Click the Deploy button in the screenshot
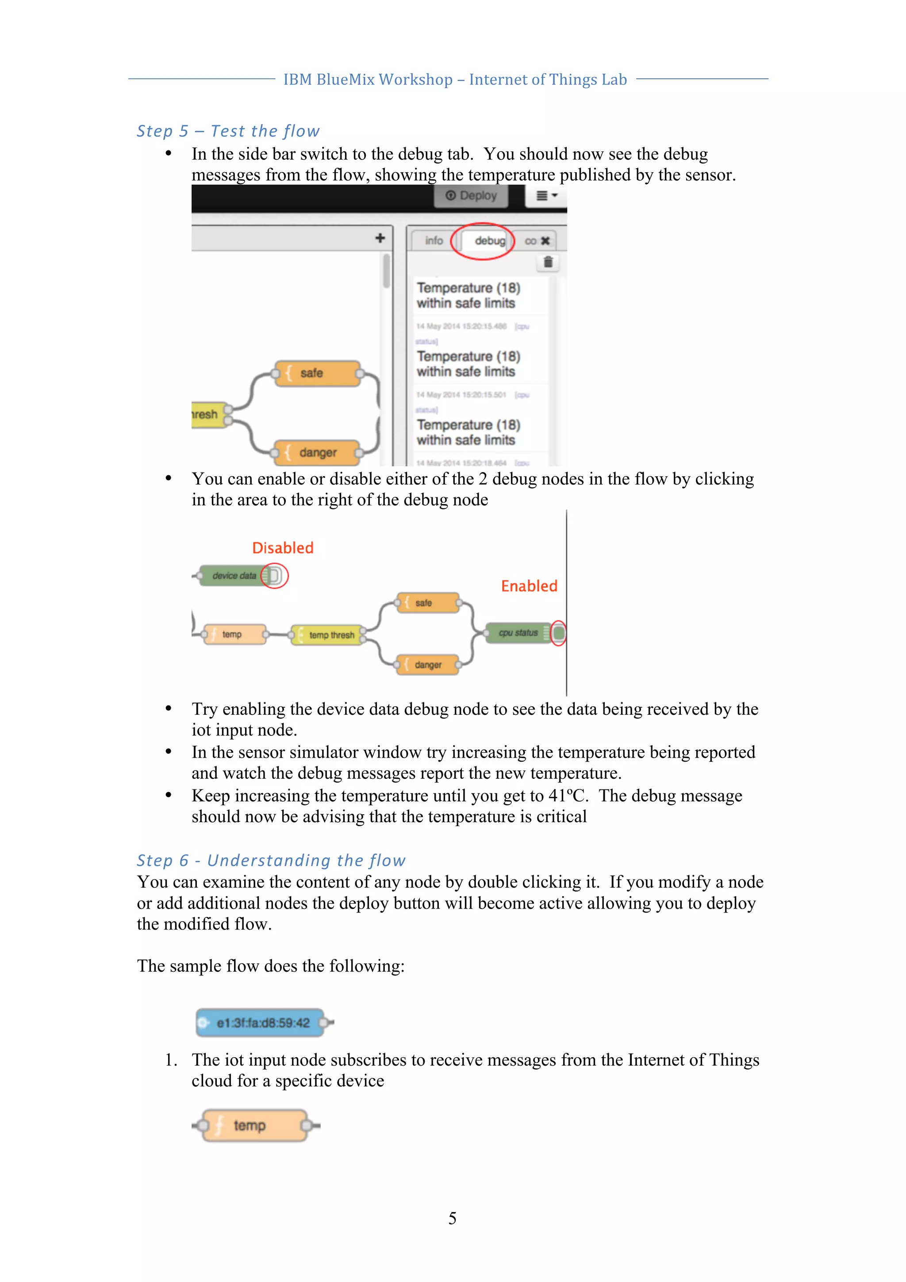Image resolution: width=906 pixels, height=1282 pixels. pyautogui.click(x=471, y=196)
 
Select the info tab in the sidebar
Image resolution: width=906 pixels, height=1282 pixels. pyautogui.click(x=433, y=241)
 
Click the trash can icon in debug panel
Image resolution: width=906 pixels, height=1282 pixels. pyautogui.click(x=548, y=262)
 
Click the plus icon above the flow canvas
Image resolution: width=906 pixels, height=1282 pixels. pyautogui.click(x=380, y=239)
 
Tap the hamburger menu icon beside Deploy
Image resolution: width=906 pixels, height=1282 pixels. pyautogui.click(x=546, y=196)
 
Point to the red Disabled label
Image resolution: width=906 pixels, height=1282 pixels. pyautogui.click(x=283, y=548)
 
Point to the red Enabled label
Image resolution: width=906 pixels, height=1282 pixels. pyautogui.click(x=529, y=586)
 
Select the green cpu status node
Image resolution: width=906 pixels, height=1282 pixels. pyautogui.click(x=518, y=633)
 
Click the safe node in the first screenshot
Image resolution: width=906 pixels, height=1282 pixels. pyautogui.click(x=316, y=373)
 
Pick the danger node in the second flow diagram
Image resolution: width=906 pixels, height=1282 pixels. pyautogui.click(x=428, y=664)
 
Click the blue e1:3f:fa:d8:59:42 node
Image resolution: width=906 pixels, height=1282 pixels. pyautogui.click(x=262, y=1023)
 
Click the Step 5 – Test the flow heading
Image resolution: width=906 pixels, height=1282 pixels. pyautogui.click(x=228, y=131)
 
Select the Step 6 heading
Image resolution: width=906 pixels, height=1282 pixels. pyautogui.click(x=271, y=860)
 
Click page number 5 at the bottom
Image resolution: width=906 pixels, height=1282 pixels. pyautogui.click(x=452, y=1218)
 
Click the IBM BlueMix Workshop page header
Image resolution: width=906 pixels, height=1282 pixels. pyautogui.click(x=454, y=80)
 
